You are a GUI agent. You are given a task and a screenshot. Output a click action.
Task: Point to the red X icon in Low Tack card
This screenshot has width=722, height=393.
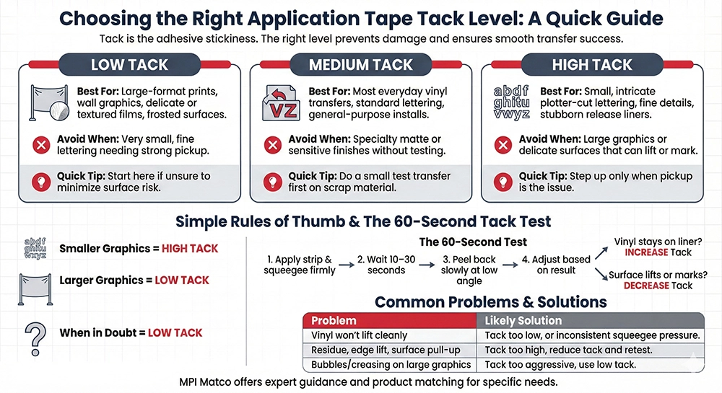[x=41, y=145]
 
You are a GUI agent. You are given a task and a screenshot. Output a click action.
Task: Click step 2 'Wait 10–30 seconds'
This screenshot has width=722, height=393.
[x=386, y=265]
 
